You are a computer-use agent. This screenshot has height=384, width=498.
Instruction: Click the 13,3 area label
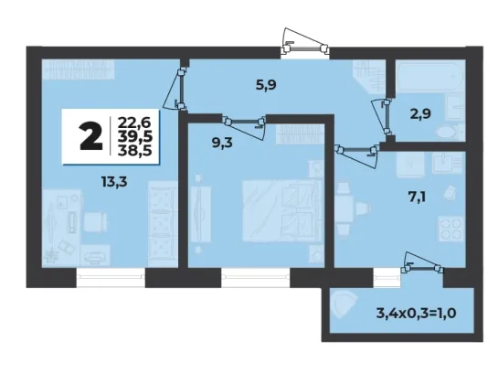coord(114,182)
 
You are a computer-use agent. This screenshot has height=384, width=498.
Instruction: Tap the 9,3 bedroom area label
coord(222,143)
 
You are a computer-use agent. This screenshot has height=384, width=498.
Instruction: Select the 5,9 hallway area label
coord(266,85)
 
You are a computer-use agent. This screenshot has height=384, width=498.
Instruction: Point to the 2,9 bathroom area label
coord(420,113)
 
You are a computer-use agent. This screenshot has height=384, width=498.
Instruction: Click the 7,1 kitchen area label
coord(417,197)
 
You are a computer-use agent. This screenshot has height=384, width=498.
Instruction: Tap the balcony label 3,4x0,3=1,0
coord(417,314)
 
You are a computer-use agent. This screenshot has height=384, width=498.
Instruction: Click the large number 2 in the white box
coord(91,137)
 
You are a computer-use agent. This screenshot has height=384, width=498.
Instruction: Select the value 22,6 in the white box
coord(134,123)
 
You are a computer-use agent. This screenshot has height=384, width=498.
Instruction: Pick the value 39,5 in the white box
coord(134,136)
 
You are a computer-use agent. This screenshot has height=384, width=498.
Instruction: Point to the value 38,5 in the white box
coord(134,150)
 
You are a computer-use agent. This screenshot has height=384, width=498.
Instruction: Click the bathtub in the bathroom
coord(430,77)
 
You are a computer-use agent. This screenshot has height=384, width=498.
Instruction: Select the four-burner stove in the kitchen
coord(451,229)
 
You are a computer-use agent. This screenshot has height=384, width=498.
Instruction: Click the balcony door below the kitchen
coord(422,264)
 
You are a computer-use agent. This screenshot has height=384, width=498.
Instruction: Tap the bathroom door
coord(384,117)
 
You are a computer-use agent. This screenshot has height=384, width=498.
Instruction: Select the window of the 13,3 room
coord(111,277)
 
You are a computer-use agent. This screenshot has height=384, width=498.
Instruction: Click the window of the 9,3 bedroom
coord(256,277)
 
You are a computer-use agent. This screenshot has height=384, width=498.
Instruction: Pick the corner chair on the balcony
coord(344,304)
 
